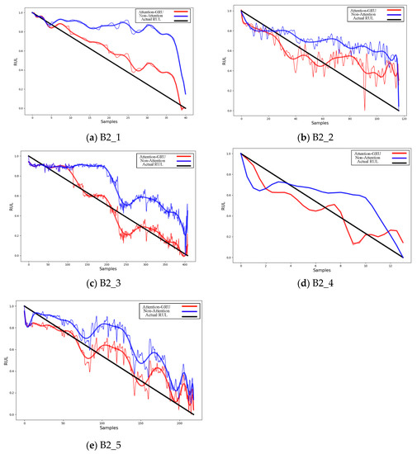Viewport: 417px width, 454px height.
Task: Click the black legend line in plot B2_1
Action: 176,21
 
